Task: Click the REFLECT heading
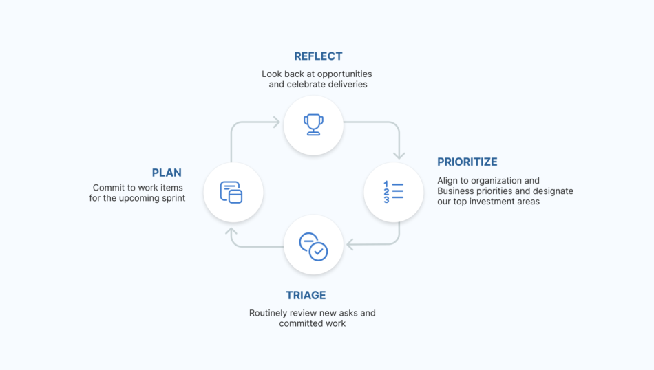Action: (318, 56)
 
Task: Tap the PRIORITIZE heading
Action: (467, 162)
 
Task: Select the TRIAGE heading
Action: (306, 296)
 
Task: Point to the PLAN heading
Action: (167, 173)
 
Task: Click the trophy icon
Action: (313, 124)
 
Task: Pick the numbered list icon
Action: (393, 192)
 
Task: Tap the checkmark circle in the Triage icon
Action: (319, 252)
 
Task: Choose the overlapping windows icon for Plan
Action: (231, 192)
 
